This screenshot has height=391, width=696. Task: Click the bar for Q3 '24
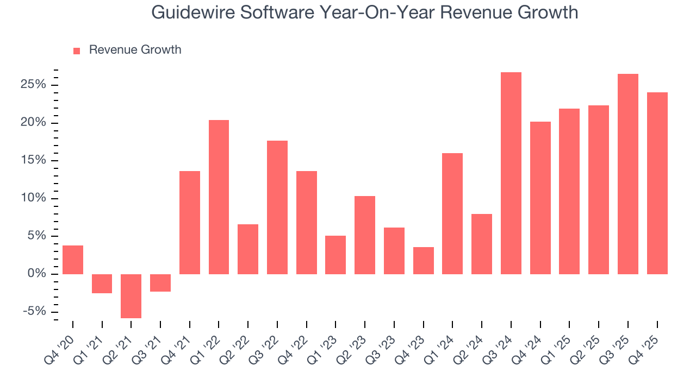511,173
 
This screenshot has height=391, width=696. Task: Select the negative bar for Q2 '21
131,296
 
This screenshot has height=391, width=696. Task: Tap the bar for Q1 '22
219,197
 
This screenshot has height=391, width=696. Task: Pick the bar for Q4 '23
423,261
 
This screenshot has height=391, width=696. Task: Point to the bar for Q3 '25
627,174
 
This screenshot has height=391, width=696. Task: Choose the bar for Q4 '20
73,260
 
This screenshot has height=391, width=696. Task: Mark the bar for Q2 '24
482,244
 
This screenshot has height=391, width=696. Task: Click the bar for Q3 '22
277,207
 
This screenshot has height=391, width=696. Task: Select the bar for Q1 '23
335,255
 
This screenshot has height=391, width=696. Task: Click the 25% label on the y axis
34,85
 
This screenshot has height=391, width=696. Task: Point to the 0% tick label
37,274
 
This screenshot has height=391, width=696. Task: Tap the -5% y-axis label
35,312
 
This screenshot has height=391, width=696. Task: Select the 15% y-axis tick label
34,161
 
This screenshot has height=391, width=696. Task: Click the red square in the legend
77,51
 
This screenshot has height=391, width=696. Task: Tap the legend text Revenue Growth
135,50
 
